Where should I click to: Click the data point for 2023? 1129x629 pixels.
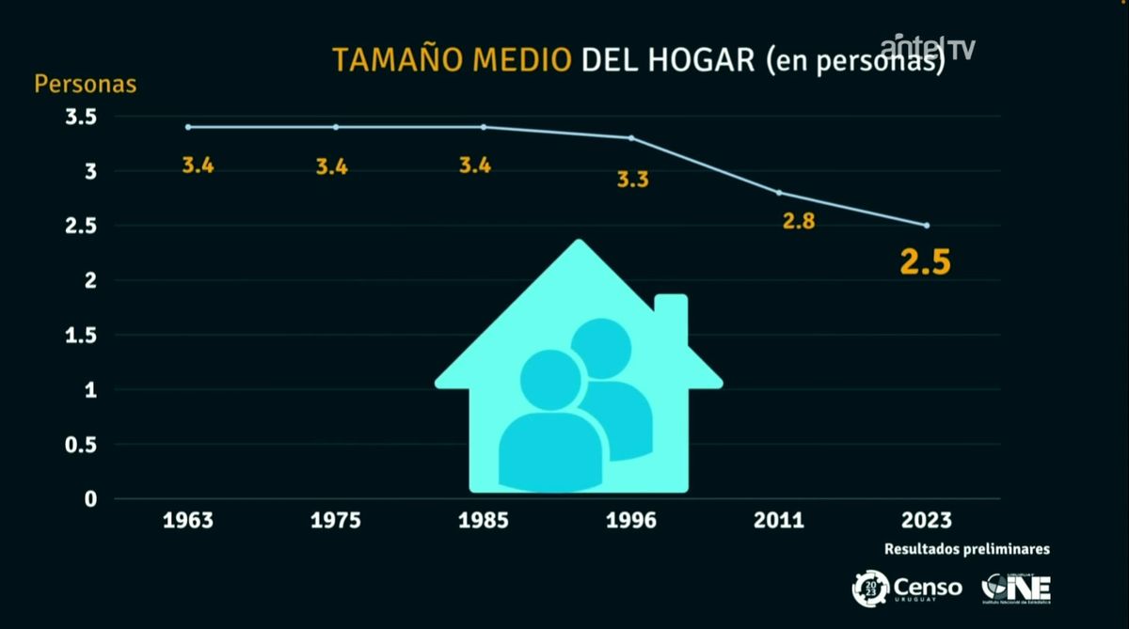[x=927, y=226]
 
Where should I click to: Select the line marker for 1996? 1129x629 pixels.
[x=631, y=138]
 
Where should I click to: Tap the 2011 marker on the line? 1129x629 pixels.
[x=779, y=193]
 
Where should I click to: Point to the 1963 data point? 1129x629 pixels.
[x=188, y=127]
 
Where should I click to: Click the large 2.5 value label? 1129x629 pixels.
[x=925, y=262]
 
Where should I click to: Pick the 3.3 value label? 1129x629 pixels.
[x=632, y=179]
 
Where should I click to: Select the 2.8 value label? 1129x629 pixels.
[x=798, y=222]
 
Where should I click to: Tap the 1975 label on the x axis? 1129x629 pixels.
[x=337, y=520]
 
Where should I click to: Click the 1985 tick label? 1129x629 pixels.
[x=484, y=520]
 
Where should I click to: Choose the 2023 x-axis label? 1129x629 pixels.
[x=926, y=520]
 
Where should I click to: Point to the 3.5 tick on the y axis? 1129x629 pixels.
[x=81, y=118]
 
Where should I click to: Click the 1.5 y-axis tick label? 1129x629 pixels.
[x=81, y=335]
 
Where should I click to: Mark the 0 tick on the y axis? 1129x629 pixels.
[x=90, y=498]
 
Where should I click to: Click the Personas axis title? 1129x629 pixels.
[x=86, y=84]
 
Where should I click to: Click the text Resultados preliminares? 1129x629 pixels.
[x=967, y=549]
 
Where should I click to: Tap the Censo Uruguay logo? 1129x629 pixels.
[x=907, y=589]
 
